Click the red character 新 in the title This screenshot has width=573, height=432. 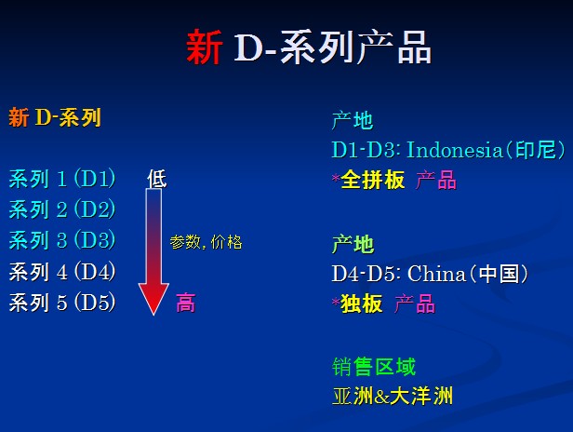(x=204, y=47)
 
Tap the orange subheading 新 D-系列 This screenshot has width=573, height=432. (x=55, y=117)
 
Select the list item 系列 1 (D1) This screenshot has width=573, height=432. (x=62, y=179)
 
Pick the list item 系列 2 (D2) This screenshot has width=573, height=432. (x=62, y=209)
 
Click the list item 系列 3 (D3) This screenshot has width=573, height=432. (x=62, y=240)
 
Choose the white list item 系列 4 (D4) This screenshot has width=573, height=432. (x=62, y=272)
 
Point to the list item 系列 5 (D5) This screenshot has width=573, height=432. (x=62, y=303)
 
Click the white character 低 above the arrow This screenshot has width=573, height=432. (x=157, y=179)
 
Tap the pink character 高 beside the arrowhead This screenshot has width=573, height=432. (x=186, y=303)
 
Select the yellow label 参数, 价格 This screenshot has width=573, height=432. (x=206, y=242)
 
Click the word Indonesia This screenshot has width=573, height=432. (x=455, y=150)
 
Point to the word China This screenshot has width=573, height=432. (x=436, y=274)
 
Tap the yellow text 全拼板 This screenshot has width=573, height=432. (x=373, y=180)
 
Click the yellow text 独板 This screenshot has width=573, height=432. (x=362, y=304)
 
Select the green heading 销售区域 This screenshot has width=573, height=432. (x=374, y=367)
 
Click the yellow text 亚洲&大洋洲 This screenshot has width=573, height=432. (x=393, y=396)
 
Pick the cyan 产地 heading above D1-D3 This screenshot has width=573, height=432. (x=353, y=120)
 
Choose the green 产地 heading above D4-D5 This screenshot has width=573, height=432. (x=353, y=244)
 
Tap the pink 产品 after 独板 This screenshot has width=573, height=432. (x=415, y=304)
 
